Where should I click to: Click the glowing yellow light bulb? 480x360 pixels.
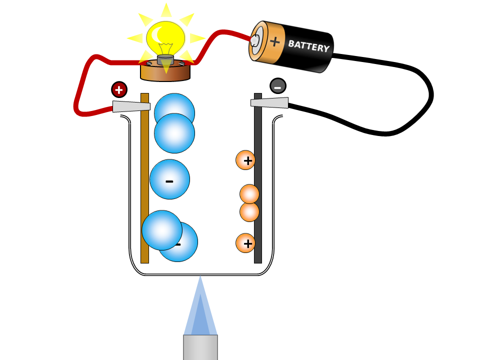coord(165,37)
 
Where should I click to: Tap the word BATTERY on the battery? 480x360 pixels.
coord(308,46)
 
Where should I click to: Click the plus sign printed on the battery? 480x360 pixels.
coord(274,41)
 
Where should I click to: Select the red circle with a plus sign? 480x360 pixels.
coord(119,90)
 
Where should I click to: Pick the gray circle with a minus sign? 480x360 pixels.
coord(278,86)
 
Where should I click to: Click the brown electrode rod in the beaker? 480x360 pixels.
coord(144,200)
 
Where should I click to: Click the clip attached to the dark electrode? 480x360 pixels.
coord(269,102)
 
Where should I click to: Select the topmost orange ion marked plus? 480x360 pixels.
coord(245,160)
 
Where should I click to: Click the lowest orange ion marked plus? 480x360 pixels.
coord(245,243)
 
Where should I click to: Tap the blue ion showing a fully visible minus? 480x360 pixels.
coord(169,179)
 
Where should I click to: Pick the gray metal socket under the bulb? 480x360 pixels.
coord(165,60)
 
